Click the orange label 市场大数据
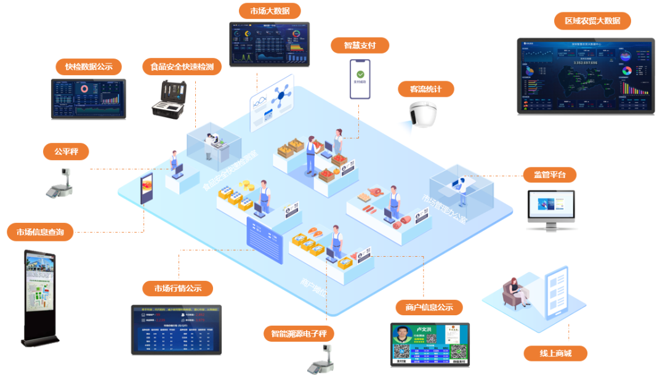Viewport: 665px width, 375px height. tap(270, 11)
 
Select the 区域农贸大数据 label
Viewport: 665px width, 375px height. tap(592, 21)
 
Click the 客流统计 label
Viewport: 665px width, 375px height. tap(425, 89)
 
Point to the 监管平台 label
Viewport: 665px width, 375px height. tap(550, 175)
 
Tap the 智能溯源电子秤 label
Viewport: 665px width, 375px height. tap(303, 334)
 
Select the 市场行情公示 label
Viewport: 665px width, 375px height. tap(177, 288)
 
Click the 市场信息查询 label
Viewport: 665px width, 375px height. tap(41, 232)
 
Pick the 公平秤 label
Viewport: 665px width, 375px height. tap(66, 151)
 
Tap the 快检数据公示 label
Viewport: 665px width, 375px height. tap(89, 67)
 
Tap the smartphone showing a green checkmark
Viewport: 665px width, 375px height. tap(360, 79)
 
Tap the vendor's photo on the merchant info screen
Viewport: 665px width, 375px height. tap(402, 339)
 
